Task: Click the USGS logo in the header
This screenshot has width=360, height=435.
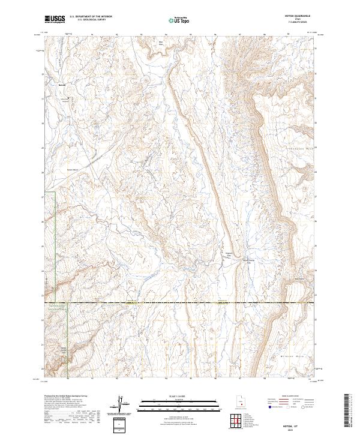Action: (56, 19)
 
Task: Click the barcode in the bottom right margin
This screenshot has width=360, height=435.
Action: (346, 413)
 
